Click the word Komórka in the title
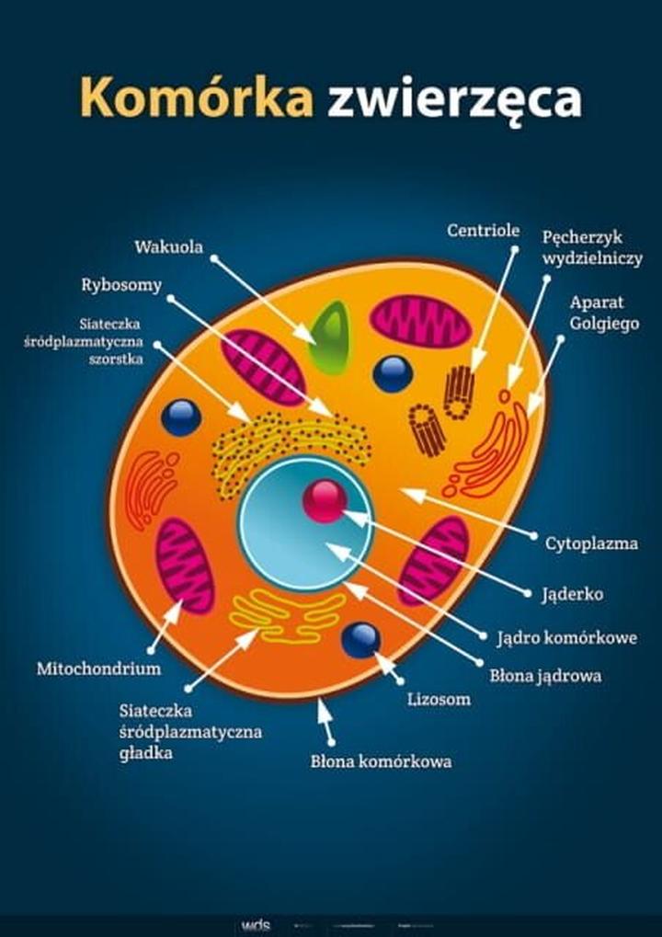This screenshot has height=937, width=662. coord(197,98)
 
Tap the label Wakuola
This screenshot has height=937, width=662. coord(168,247)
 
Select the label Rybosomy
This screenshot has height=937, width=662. coord(121,285)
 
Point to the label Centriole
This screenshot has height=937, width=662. coord(484,231)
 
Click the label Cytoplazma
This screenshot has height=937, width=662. coord(591,543)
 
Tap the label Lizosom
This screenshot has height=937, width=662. coord(439,699)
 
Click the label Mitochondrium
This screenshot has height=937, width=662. coord(98,668)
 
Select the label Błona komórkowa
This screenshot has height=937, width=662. coord(381,761)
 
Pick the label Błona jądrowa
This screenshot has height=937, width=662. coord(545,676)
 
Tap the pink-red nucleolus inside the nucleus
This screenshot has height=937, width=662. coord(324,500)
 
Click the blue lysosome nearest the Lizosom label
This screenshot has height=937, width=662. coord(360,640)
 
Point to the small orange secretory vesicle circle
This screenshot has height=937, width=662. coord(504,396)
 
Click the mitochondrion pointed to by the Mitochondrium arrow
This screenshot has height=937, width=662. coord(185,566)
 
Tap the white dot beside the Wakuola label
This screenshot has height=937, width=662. coord(213,258)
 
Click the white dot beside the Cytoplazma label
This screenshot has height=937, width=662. coord(535,534)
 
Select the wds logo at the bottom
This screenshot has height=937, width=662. coord(256,925)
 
